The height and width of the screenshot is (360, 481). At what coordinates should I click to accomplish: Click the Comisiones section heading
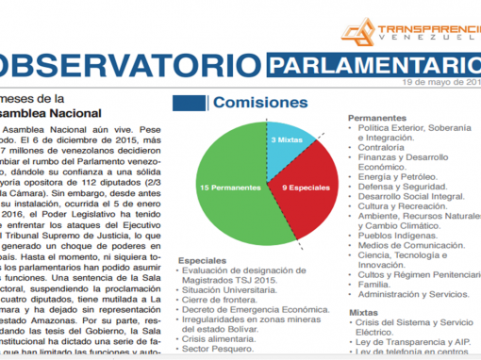[x=260, y=102]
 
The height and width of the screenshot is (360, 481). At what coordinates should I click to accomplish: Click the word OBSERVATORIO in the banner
[x=127, y=67]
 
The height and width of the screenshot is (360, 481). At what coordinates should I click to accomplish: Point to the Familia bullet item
[x=374, y=284]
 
